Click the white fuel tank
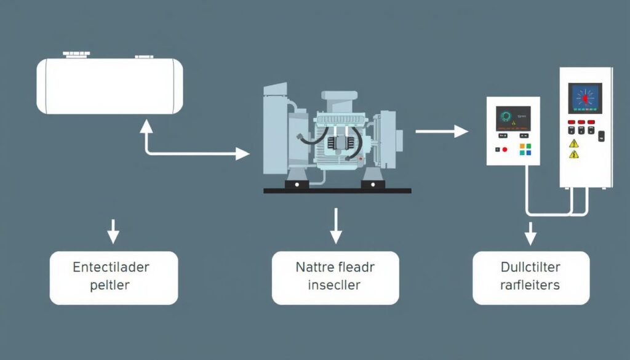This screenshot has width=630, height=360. coord(110,86)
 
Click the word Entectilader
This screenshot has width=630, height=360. coord(111,268)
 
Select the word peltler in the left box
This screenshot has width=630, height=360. coord(111,286)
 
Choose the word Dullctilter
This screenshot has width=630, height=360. coord(530,268)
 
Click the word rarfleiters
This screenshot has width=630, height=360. coord(530,286)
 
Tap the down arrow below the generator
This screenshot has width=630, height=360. coord(335,226)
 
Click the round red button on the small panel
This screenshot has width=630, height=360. coord(504,150)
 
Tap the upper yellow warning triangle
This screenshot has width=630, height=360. coord(574,143)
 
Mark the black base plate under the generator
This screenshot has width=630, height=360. coord(337,191)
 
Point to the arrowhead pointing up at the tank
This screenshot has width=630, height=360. coord(146,126)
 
